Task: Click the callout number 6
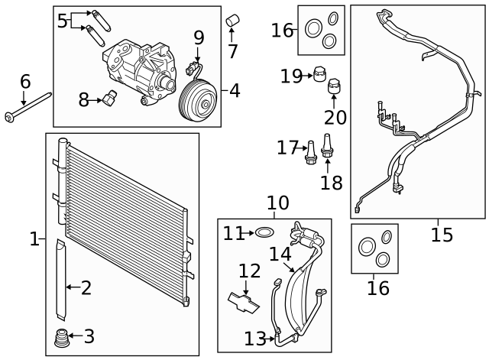[25, 80]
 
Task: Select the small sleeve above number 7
[234, 19]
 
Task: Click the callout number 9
[199, 37]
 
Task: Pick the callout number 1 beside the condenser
[34, 239]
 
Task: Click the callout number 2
[86, 287]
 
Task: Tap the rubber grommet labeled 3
[59, 337]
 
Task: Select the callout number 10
[277, 203]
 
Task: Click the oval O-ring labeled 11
[264, 232]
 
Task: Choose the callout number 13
[254, 338]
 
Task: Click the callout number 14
[280, 254]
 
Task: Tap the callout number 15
[442, 234]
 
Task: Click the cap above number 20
[335, 88]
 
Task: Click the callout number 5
[63, 21]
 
